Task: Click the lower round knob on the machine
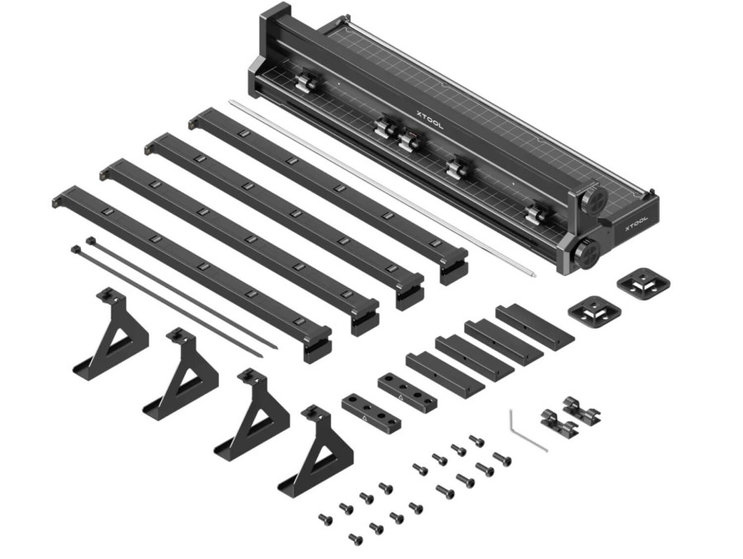coord(587,250)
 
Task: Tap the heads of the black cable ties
coord(83,245)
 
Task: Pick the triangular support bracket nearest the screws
coord(317,450)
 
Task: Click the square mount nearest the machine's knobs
coord(643,283)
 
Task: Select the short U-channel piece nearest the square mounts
coord(533,325)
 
